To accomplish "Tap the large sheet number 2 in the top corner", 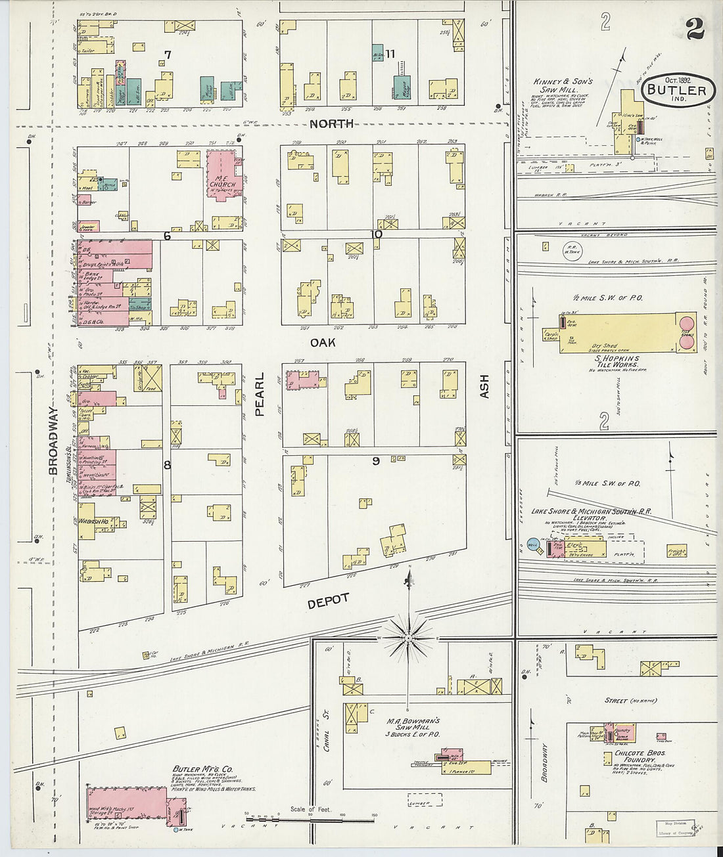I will point(695,30).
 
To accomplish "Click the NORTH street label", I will point(331,123).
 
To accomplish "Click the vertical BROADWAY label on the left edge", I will point(53,439).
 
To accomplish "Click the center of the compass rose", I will point(408,638).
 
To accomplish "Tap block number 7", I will point(168,55).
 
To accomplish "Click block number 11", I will point(390,54).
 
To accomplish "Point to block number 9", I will point(375,461).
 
